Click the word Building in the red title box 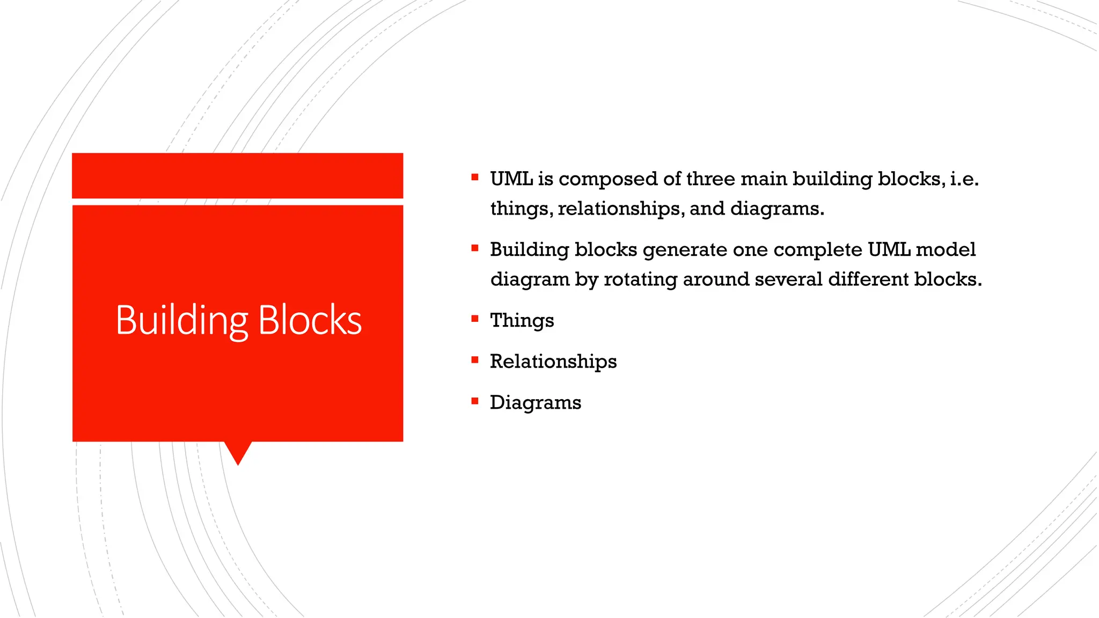click(181, 320)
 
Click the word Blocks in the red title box click(310, 320)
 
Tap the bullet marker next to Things click(474, 319)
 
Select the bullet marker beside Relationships click(474, 360)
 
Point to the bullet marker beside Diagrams click(474, 401)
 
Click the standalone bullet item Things click(522, 320)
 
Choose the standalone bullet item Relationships click(553, 362)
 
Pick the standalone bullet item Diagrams click(536, 402)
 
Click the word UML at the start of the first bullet click(511, 179)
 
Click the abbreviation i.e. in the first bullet click(964, 179)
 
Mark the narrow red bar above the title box click(237, 175)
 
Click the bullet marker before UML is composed click(474, 177)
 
